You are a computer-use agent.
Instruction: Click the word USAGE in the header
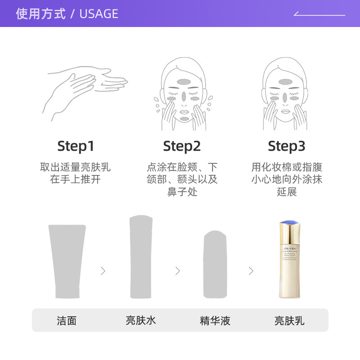[x=99, y=14]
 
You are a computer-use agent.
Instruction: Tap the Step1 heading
[x=76, y=146]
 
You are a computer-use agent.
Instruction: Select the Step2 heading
[x=182, y=146]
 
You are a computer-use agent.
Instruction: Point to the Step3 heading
[x=287, y=146]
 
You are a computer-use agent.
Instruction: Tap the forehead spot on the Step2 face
[x=183, y=82]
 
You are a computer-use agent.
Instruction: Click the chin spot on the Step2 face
[x=185, y=119]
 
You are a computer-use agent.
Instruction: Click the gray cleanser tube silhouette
[x=67, y=261]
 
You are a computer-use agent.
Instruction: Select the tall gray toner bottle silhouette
[x=141, y=257]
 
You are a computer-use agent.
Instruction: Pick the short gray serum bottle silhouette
[x=215, y=265]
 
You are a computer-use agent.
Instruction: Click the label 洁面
[x=67, y=320]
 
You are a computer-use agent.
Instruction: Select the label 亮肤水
[x=141, y=320]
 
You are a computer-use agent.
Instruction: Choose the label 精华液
[x=215, y=320]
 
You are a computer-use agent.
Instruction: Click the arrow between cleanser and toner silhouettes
[x=103, y=271]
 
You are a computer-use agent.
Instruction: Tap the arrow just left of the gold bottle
[x=251, y=271]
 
